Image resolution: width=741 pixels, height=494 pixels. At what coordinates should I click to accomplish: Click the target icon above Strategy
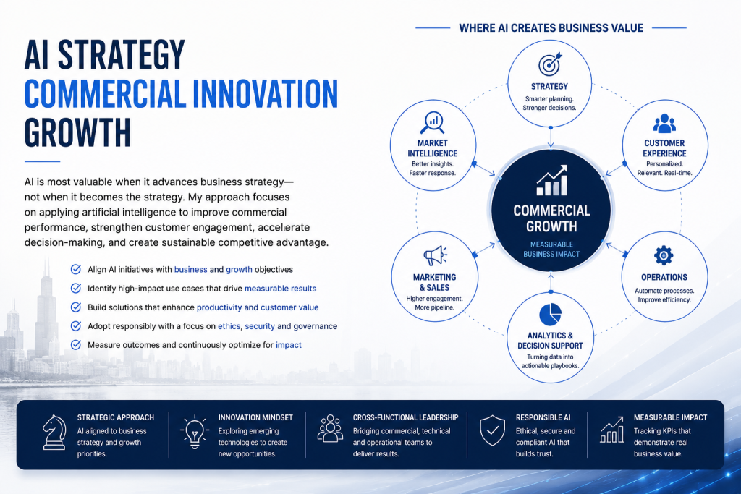550,64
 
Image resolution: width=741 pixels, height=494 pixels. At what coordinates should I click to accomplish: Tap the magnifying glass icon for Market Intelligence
432,123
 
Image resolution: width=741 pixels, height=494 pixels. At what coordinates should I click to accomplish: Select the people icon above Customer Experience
664,123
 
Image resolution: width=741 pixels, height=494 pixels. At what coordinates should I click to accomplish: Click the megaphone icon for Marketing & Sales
435,255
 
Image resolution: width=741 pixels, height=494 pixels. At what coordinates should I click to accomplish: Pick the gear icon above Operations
664,255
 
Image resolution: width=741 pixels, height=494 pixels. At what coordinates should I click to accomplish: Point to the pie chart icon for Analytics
550,315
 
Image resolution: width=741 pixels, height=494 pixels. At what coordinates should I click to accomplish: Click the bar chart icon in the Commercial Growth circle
552,180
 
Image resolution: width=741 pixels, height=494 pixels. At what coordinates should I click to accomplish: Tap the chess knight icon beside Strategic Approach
54,432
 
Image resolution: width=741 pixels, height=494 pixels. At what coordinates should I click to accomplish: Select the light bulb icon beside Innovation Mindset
194,432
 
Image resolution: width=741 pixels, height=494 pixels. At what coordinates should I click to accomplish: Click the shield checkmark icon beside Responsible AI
492,430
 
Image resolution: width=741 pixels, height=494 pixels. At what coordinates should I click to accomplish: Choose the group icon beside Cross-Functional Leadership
330,428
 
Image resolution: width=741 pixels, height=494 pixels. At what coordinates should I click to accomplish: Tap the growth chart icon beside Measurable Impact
611,430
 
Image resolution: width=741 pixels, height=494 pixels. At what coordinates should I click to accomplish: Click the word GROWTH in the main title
77,132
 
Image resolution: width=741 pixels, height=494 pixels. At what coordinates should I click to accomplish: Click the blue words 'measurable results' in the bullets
280,289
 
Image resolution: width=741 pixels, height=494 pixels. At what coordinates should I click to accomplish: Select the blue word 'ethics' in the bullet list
229,326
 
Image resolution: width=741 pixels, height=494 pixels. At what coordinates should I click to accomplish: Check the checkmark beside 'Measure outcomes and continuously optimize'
75,345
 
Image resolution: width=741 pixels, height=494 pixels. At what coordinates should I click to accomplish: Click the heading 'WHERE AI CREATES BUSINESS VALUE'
551,28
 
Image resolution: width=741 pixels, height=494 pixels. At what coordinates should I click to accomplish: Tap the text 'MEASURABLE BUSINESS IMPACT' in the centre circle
551,250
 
